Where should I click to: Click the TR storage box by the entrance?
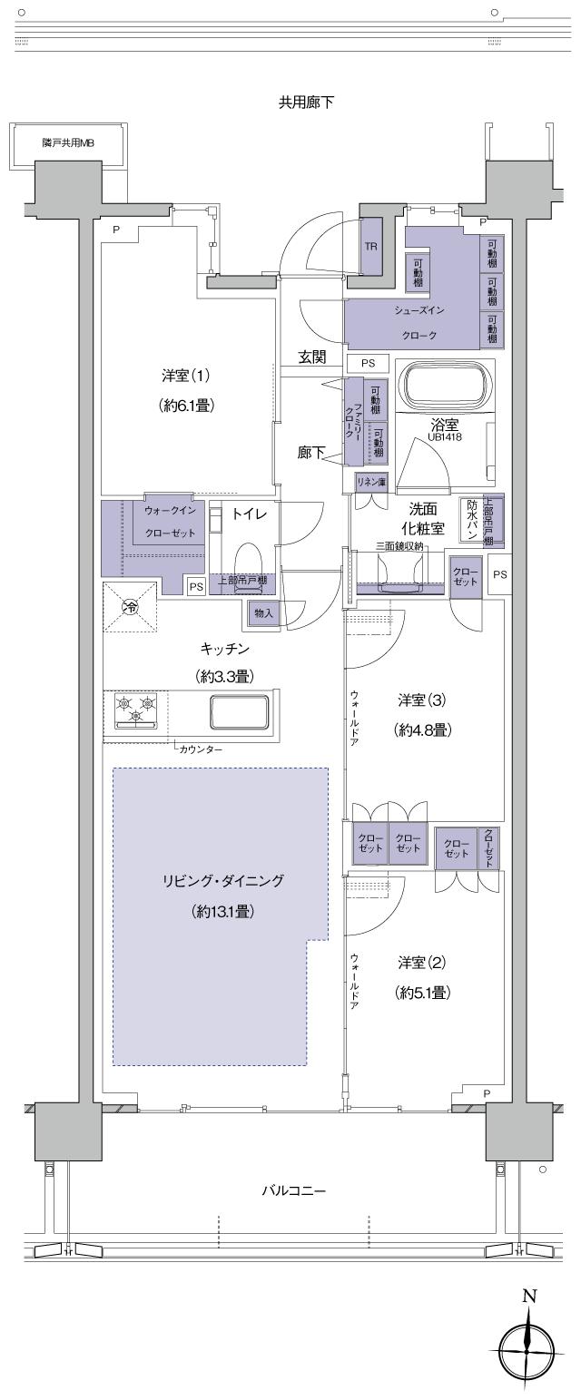pyautogui.click(x=371, y=246)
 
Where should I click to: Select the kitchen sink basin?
pyautogui.click(x=240, y=710)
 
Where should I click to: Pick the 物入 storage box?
pyautogui.click(x=263, y=614)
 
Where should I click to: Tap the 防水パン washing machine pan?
pyautogui.click(x=472, y=520)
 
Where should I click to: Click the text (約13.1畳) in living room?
pyautogui.click(x=222, y=911)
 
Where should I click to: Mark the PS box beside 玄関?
pyautogui.click(x=368, y=362)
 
